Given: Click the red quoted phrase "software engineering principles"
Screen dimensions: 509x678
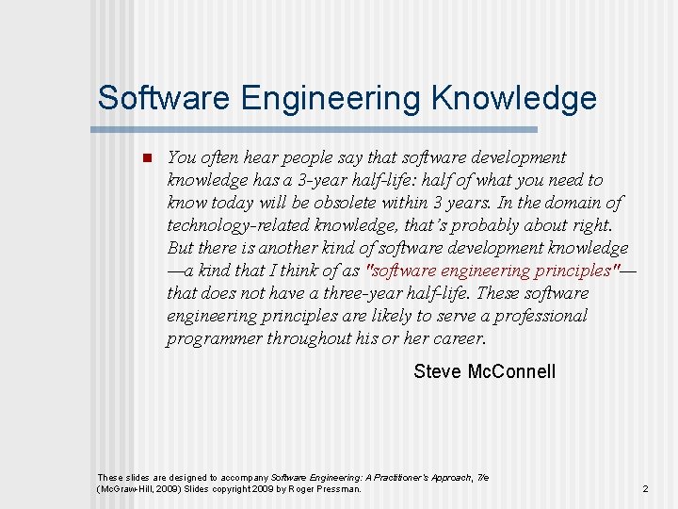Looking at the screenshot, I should (x=493, y=271).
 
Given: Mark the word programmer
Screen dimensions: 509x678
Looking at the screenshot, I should (x=211, y=338).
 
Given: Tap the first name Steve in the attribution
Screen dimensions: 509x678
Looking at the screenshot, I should (x=437, y=371).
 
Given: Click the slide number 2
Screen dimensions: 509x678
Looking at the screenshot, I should (x=645, y=489).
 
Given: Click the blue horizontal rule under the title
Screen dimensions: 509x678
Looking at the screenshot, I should (x=316, y=129).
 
